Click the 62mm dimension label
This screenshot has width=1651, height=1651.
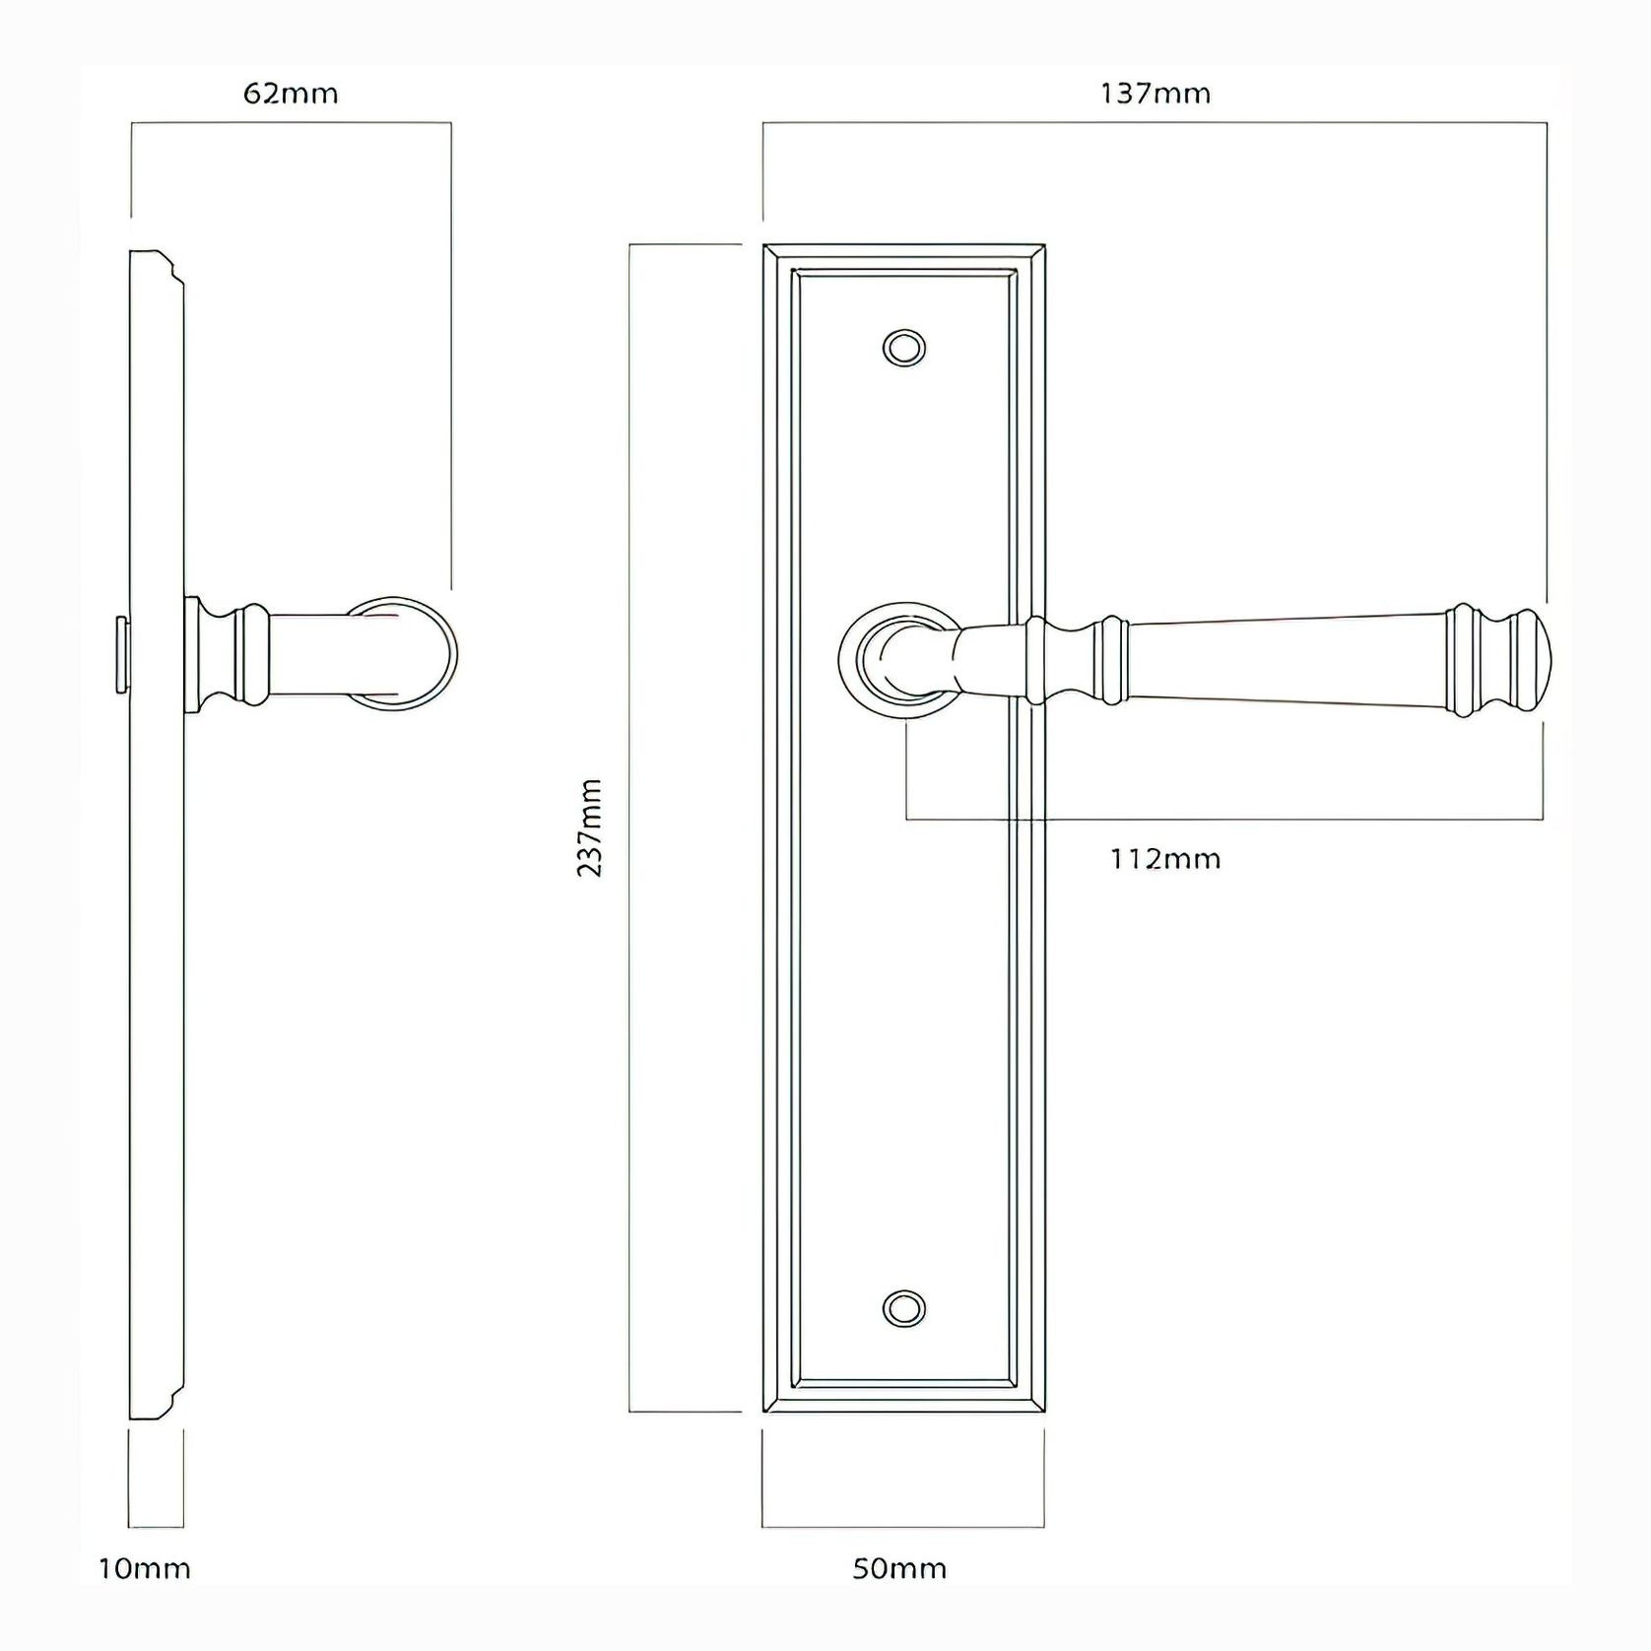click(291, 94)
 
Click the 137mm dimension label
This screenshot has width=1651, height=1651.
click(1155, 94)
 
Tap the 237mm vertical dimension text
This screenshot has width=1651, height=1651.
click(589, 827)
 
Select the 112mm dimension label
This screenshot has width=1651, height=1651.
click(1165, 859)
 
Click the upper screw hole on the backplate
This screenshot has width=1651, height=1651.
click(904, 348)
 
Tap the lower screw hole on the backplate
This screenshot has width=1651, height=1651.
click(904, 1308)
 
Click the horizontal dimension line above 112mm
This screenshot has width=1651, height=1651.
click(1222, 819)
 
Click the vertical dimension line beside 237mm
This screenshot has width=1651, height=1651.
click(629, 827)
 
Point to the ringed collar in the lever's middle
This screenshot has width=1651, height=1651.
click(1112, 658)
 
